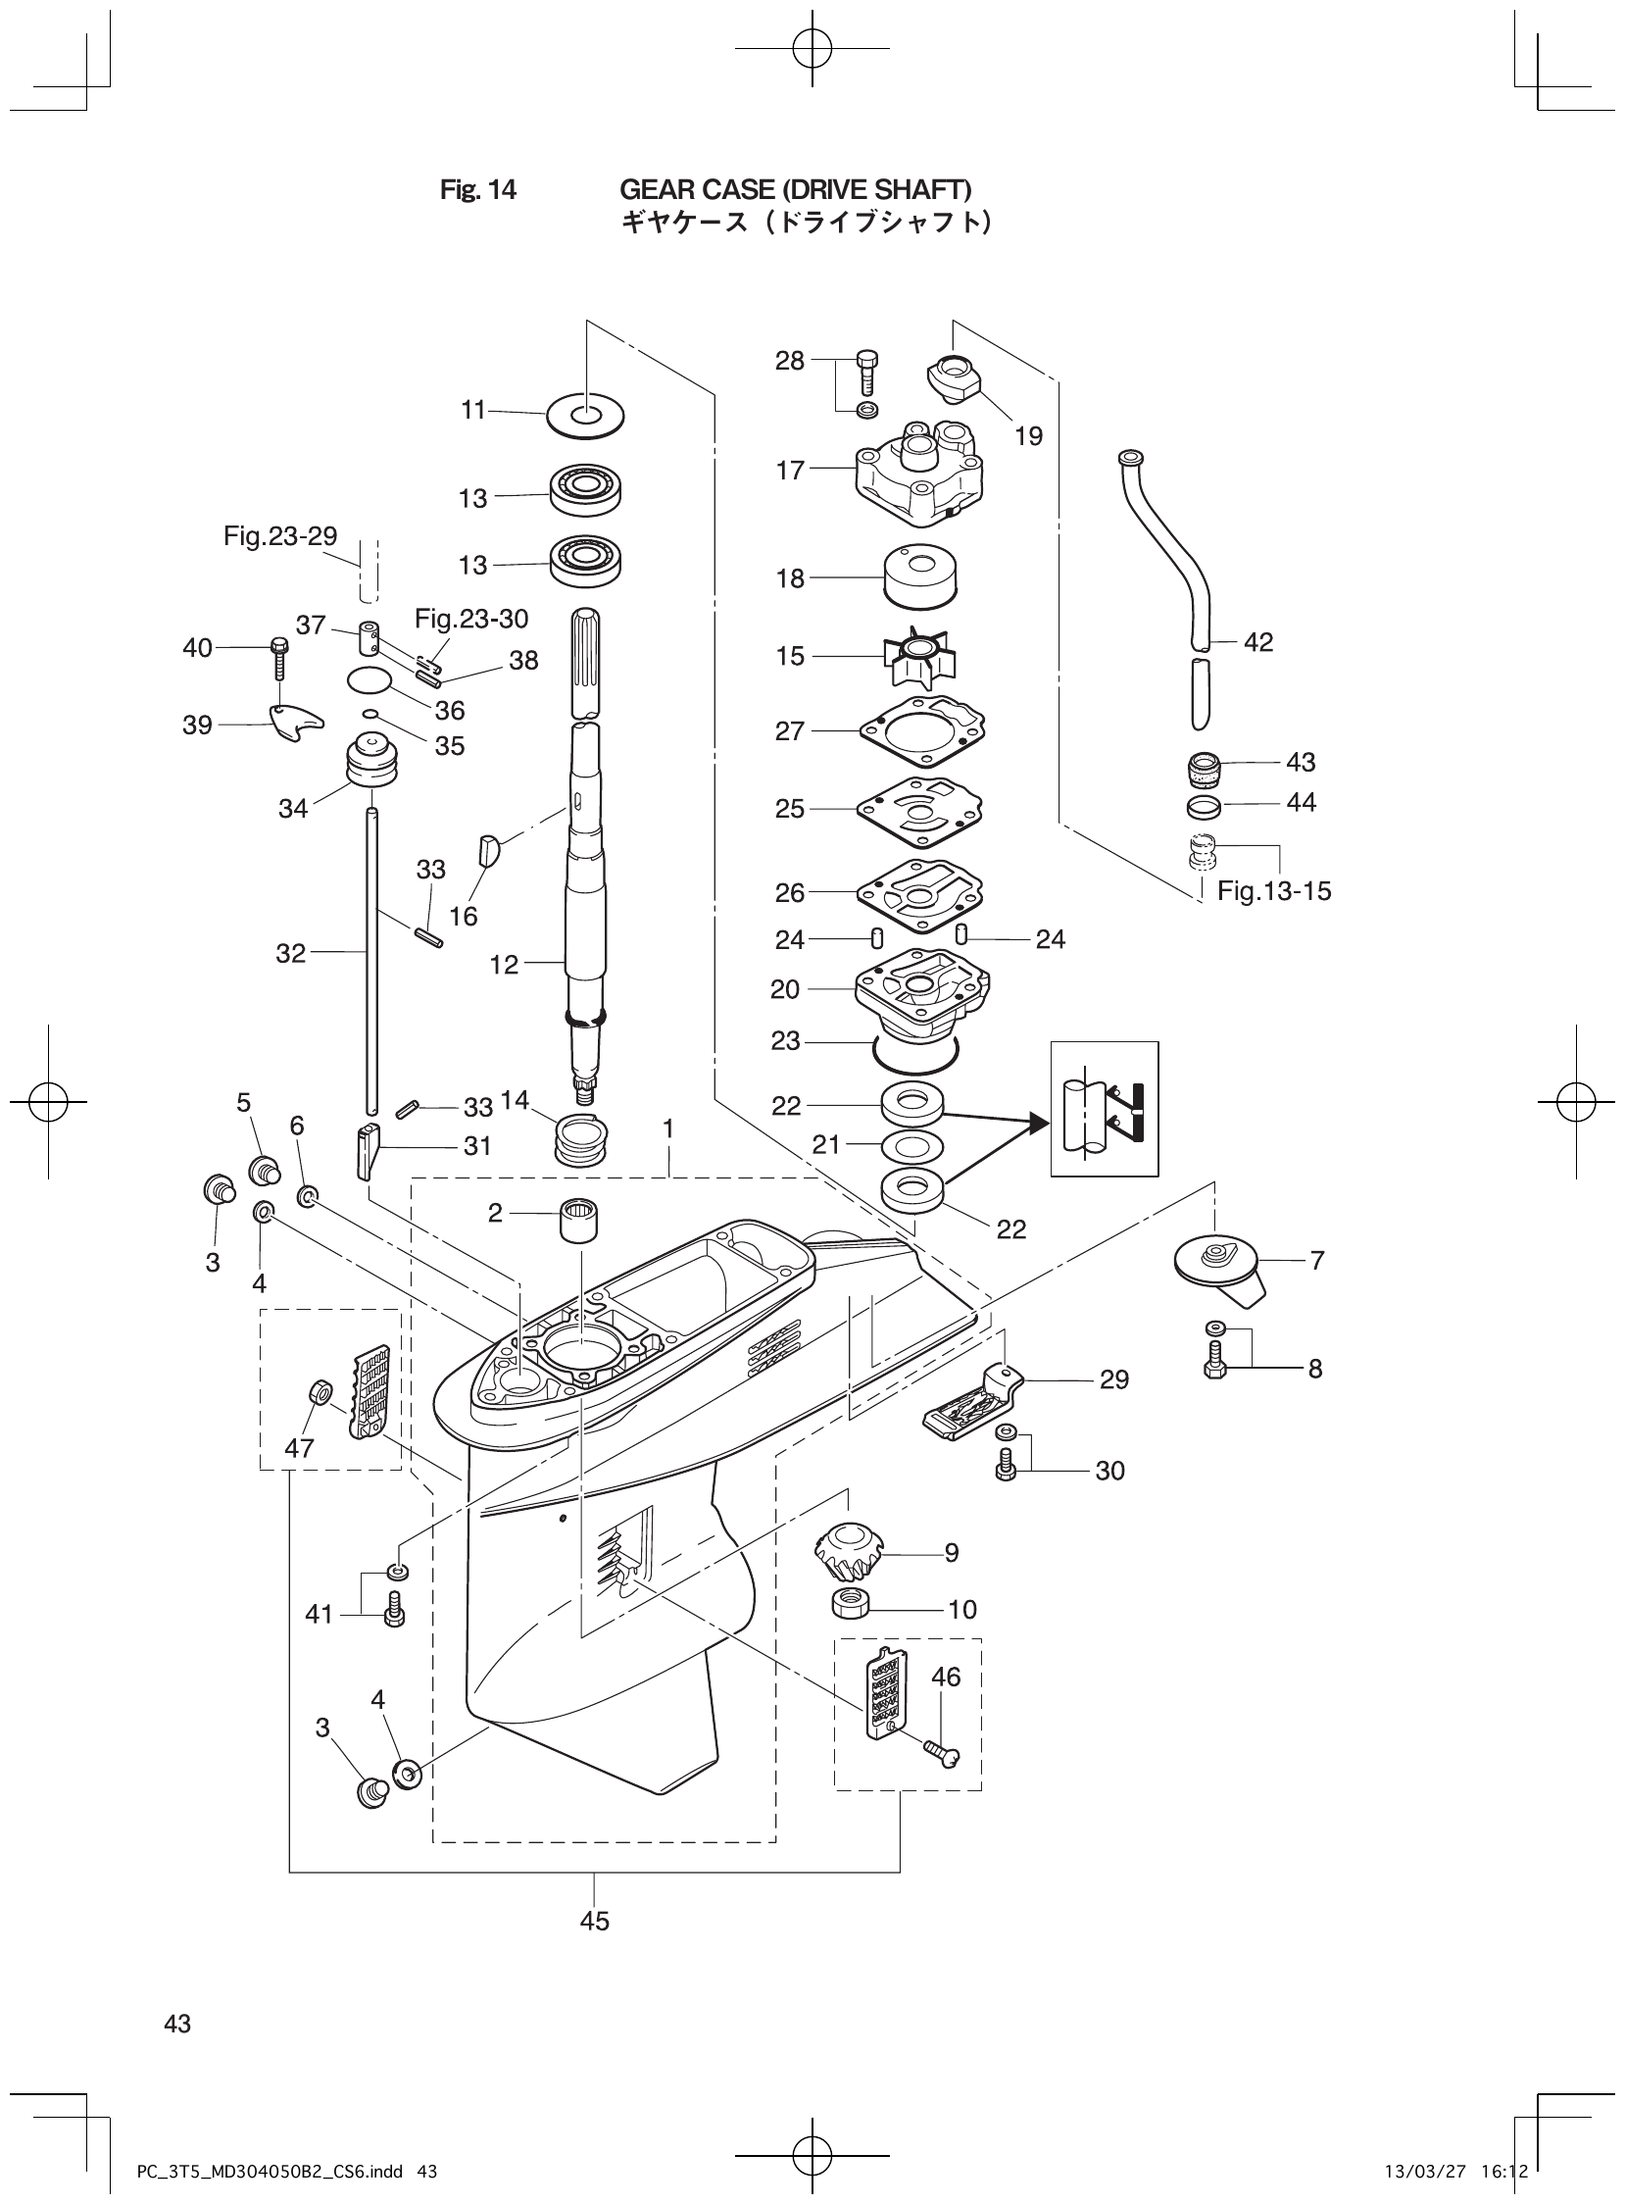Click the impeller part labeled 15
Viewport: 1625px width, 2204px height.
[914, 656]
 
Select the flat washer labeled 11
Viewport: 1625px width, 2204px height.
[585, 414]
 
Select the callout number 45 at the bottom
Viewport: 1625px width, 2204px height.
[595, 1920]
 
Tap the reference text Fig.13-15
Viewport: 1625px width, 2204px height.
[1274, 891]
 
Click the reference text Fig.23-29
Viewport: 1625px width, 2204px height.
[280, 536]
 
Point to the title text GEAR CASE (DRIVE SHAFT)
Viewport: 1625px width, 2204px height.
[795, 189]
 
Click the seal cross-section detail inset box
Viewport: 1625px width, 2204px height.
[1104, 1109]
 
